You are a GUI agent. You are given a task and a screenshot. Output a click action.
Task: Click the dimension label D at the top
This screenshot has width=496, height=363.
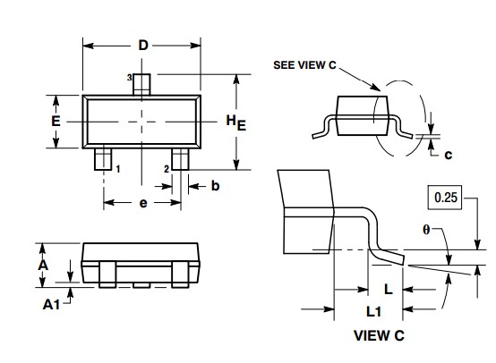coord(143,46)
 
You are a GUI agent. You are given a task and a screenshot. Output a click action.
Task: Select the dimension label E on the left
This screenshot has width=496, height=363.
coord(56,120)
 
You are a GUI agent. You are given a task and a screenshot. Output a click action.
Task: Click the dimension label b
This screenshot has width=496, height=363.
coord(215,186)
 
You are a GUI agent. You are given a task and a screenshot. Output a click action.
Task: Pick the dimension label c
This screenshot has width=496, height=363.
coord(448,154)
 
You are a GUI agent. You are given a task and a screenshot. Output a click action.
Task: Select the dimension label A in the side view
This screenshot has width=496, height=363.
coord(43,266)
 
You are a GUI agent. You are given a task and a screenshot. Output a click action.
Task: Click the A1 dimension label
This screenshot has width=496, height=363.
coord(53,304)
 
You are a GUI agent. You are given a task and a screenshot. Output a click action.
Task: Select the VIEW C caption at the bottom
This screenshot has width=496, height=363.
coord(379,335)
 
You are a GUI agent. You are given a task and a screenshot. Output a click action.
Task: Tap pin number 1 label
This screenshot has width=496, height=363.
coord(118,167)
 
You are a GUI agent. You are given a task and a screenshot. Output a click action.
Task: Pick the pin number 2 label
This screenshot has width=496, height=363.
coord(167,167)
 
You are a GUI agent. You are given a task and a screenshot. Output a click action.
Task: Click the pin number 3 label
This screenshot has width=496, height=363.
coord(130,80)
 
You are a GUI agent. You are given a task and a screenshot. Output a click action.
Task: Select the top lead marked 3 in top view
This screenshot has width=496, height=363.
coord(143,82)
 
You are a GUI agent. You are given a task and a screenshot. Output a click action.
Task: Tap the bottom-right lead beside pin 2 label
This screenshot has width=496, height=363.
coord(181,159)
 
